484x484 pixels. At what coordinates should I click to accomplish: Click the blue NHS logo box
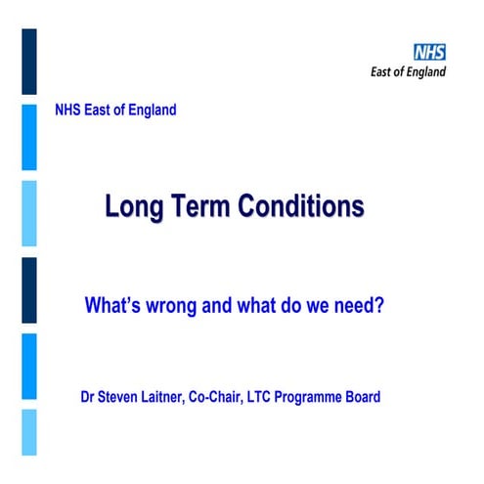click(x=429, y=53)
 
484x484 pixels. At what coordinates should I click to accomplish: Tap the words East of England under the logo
click(x=408, y=72)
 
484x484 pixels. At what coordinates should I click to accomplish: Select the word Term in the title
click(x=197, y=207)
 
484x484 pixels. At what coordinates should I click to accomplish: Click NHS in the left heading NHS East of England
click(x=68, y=110)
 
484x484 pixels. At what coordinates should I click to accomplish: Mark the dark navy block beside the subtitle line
click(x=29, y=290)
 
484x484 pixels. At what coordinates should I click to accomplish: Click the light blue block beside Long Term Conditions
click(x=29, y=213)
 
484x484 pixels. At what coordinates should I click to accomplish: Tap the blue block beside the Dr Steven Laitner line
click(x=29, y=367)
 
